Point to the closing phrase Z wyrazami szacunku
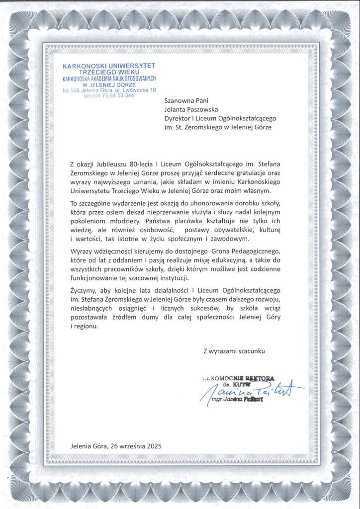[x=234, y=351]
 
